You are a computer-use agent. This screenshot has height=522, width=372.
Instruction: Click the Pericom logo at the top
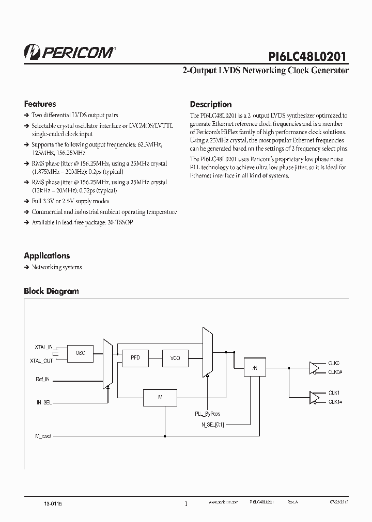click(70, 51)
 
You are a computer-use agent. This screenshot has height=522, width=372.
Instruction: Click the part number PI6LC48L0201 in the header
click(308, 56)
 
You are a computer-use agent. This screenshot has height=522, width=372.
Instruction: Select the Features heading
click(40, 104)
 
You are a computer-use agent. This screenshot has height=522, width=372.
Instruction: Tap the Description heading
click(211, 104)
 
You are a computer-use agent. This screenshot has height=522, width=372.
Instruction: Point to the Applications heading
click(47, 255)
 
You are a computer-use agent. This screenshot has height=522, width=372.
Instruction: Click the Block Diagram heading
click(51, 291)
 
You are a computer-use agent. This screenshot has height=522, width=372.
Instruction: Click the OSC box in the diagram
click(80, 353)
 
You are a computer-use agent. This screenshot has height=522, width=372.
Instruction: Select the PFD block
click(135, 357)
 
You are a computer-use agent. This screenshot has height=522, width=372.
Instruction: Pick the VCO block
click(175, 357)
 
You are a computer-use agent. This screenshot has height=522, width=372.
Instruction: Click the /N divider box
click(254, 367)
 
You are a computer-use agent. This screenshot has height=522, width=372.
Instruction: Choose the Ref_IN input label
click(42, 380)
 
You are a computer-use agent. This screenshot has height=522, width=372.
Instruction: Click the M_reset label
click(43, 436)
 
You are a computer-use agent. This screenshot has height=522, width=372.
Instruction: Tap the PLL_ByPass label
click(207, 414)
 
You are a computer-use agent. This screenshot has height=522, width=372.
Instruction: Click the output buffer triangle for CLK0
click(313, 367)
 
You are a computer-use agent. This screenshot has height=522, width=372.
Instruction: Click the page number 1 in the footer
click(186, 504)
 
